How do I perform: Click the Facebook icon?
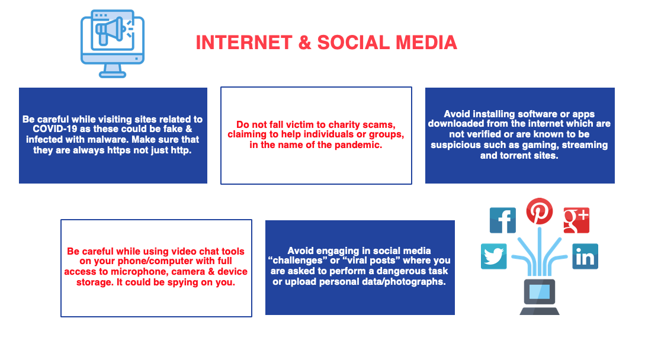click(502, 220)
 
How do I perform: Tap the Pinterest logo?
click(539, 211)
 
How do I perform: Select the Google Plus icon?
click(576, 220)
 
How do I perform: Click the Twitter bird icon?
click(493, 256)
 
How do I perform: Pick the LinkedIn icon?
click(585, 256)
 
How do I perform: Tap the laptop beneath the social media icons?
click(540, 297)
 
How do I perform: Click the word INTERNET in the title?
click(244, 43)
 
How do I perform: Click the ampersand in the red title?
click(305, 43)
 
